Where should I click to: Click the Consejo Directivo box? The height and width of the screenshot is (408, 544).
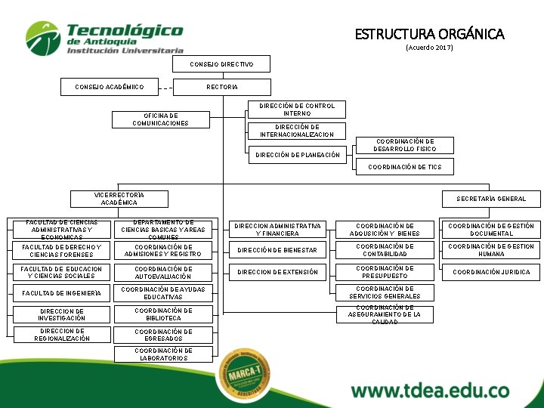221,64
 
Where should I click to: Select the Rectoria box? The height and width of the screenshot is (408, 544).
221,87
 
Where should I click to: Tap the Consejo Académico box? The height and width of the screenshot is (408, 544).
109,87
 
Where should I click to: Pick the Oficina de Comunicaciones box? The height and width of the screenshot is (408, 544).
160,119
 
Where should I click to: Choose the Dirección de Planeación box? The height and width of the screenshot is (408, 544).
298,155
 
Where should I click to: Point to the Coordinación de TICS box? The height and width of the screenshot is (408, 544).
404,167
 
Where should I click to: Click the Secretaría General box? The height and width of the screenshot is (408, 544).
491,199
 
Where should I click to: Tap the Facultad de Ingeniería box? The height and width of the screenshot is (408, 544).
61,293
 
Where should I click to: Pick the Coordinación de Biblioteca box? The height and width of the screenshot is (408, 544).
162,314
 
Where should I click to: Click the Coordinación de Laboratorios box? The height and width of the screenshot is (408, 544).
162,354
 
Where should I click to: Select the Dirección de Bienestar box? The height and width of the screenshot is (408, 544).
277,250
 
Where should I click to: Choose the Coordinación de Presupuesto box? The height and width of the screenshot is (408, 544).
385,272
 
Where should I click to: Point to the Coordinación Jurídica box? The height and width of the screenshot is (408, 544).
491,272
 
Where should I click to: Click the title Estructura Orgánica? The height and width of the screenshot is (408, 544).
429,34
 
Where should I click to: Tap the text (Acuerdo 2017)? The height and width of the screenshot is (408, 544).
429,48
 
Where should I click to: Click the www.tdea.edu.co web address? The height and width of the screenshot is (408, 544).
430,391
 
